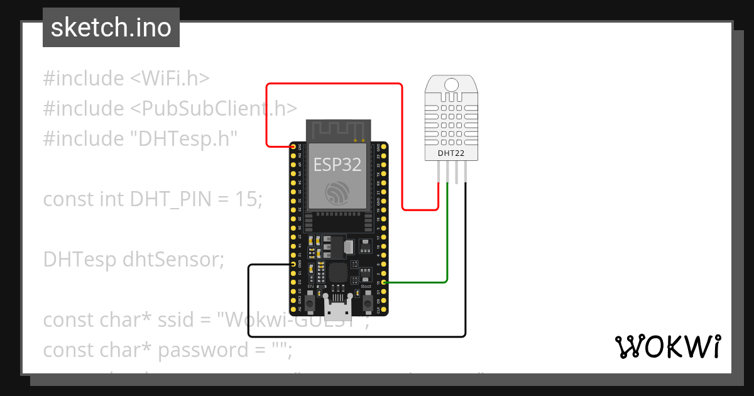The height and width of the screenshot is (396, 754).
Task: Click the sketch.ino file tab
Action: point(111,28)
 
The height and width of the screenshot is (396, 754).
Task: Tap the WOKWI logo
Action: point(667,346)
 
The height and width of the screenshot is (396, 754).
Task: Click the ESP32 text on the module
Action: point(337,165)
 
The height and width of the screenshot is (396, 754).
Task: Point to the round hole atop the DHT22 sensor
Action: point(451,85)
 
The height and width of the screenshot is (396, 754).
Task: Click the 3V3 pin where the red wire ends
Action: point(293,146)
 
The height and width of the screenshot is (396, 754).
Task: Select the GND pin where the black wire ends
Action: point(293,265)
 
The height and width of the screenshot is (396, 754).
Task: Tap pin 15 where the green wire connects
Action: point(383,283)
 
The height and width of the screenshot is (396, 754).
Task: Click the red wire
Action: point(333,84)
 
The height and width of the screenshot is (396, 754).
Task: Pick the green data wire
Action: point(447,239)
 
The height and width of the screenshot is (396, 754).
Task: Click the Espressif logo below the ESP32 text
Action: point(337,192)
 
